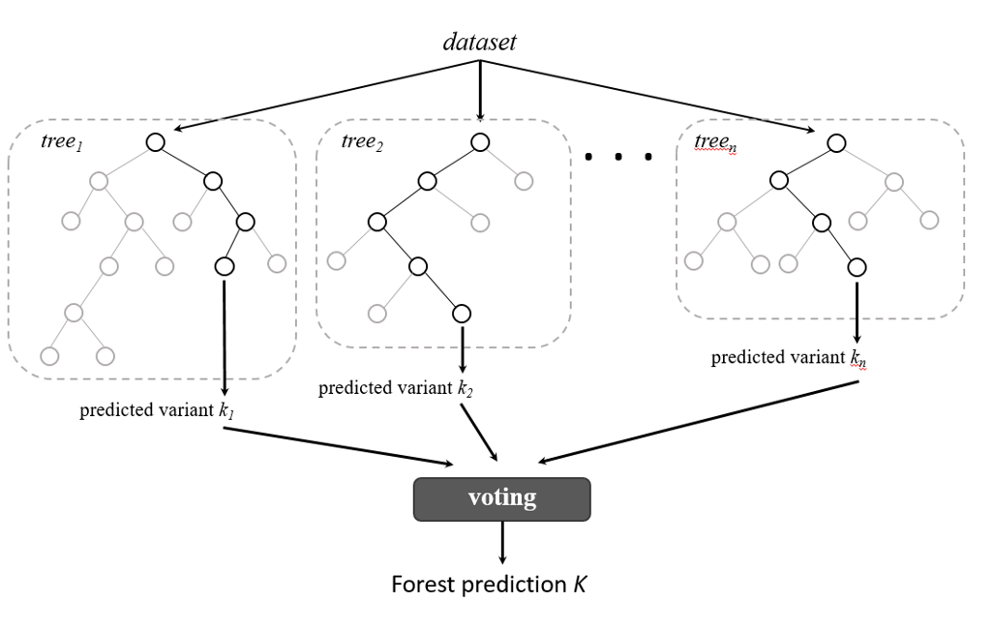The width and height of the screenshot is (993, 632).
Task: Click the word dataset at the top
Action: click(479, 42)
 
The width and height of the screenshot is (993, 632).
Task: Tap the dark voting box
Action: click(501, 498)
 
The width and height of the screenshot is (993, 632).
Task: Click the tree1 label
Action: click(62, 141)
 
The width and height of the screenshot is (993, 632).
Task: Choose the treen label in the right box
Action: click(715, 142)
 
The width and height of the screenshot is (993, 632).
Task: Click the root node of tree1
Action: click(155, 142)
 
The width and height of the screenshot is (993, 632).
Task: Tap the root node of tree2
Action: click(480, 142)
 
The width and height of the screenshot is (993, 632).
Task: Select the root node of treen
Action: click(836, 142)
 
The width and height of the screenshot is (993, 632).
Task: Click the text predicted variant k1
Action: click(158, 410)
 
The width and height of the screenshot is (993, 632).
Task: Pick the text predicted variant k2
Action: click(396, 389)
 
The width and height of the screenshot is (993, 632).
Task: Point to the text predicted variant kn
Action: click(789, 358)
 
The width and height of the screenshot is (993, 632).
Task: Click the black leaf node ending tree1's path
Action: click(224, 264)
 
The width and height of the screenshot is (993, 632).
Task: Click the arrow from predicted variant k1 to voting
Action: click(339, 446)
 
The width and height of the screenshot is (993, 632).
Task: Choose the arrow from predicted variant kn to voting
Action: click(697, 420)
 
